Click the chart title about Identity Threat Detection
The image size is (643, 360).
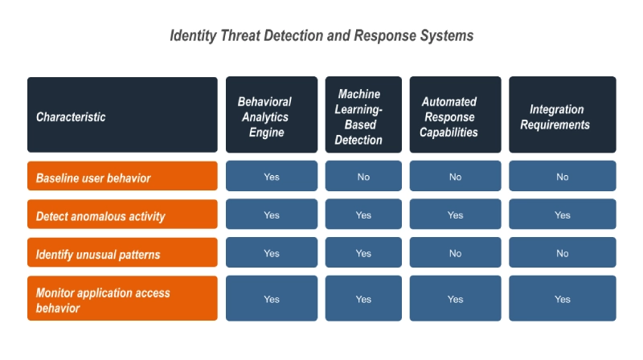[x=321, y=35]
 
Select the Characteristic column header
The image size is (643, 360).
[x=122, y=115]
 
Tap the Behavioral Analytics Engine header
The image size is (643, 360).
[x=272, y=115]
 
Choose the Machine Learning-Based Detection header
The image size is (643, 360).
[x=363, y=115]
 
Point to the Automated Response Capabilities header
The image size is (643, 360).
[x=455, y=115]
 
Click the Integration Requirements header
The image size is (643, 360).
[x=562, y=115]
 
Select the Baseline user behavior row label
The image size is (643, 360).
[x=122, y=176]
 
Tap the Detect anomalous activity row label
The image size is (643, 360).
[x=122, y=214]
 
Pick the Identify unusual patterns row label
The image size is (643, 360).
[x=122, y=252]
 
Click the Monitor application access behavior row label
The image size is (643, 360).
[x=122, y=298]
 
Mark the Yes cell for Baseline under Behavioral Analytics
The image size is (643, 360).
[x=272, y=176]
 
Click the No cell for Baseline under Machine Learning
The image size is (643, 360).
[x=363, y=176]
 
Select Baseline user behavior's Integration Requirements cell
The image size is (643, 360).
[x=562, y=176]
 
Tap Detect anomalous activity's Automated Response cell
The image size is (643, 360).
[x=455, y=214]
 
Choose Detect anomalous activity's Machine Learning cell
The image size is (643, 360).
[x=363, y=214]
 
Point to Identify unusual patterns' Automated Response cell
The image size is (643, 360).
[x=455, y=252]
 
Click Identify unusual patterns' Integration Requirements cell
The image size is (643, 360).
[x=562, y=252]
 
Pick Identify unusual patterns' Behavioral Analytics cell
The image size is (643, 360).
[x=272, y=252]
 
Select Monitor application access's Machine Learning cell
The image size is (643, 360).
[x=363, y=298]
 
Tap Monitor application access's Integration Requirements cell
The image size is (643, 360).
[x=562, y=298]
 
